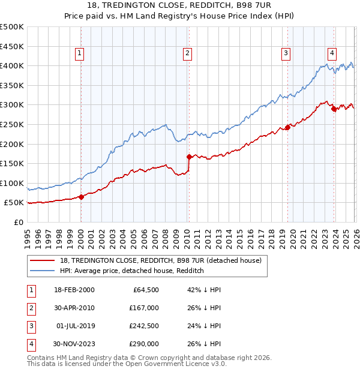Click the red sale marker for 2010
[x=189, y=157]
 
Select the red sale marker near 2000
[x=81, y=197]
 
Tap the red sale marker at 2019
[x=287, y=127]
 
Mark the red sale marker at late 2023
[x=334, y=109]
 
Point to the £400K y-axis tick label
[x=12, y=65]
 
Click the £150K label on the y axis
[x=12, y=163]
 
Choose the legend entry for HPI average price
[x=132, y=271]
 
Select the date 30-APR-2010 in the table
[x=74, y=308]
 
